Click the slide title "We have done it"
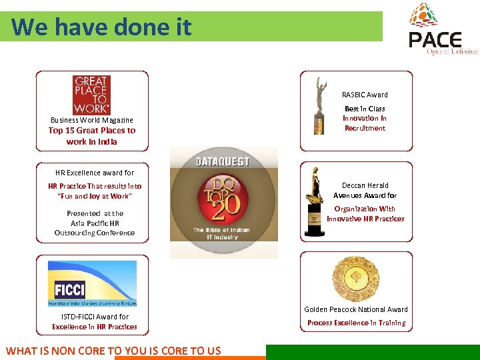click(x=101, y=27)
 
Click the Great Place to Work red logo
click(x=91, y=95)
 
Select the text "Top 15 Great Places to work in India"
click(x=92, y=136)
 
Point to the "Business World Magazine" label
click(x=92, y=120)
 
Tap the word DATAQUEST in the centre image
click(x=223, y=161)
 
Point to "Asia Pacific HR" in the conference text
click(x=95, y=223)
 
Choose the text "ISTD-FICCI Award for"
click(x=95, y=317)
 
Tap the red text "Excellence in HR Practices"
click(x=95, y=327)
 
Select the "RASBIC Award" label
click(x=365, y=95)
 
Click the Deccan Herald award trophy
click(x=313, y=204)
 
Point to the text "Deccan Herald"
click(x=365, y=185)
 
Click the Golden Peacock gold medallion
click(x=355, y=279)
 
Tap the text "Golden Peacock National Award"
click(x=356, y=309)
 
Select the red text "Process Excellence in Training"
click(x=356, y=323)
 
